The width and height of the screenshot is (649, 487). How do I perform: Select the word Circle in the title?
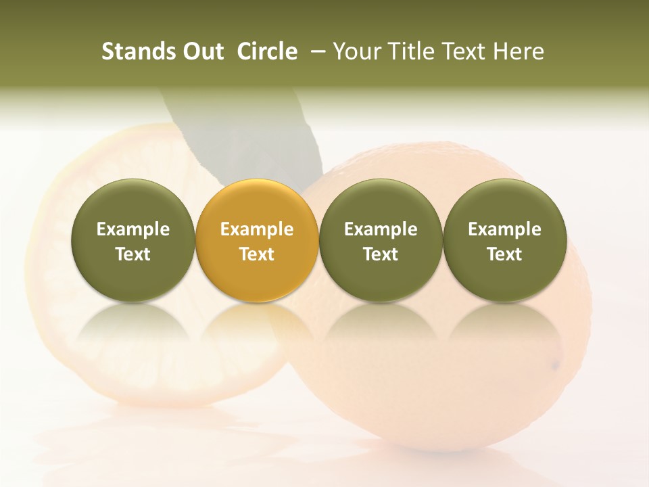click(x=267, y=51)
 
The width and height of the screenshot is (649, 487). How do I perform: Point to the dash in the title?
click(x=316, y=52)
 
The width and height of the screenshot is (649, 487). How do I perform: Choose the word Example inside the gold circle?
click(x=257, y=229)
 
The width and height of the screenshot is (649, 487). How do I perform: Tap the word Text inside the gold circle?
click(x=257, y=254)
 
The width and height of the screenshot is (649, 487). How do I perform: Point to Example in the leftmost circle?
click(x=133, y=229)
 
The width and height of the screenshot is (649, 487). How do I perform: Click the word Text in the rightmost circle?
click(x=504, y=254)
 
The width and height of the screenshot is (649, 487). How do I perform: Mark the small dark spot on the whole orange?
click(x=555, y=366)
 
